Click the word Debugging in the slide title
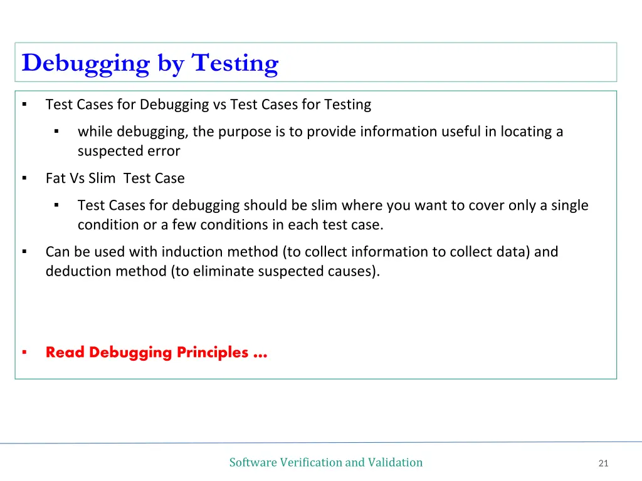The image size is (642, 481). point(85,64)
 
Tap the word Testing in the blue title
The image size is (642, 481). point(234,64)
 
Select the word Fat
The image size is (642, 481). point(55,178)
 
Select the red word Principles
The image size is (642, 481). point(213,353)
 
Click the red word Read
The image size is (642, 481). point(65,353)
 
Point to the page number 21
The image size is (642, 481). point(604,463)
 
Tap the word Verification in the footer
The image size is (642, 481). point(311,463)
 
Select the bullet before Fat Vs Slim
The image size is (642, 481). point(24,178)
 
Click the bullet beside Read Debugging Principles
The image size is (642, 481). point(24,353)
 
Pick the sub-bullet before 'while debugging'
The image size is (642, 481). point(56,132)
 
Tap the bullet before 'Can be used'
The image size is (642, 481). point(24,252)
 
